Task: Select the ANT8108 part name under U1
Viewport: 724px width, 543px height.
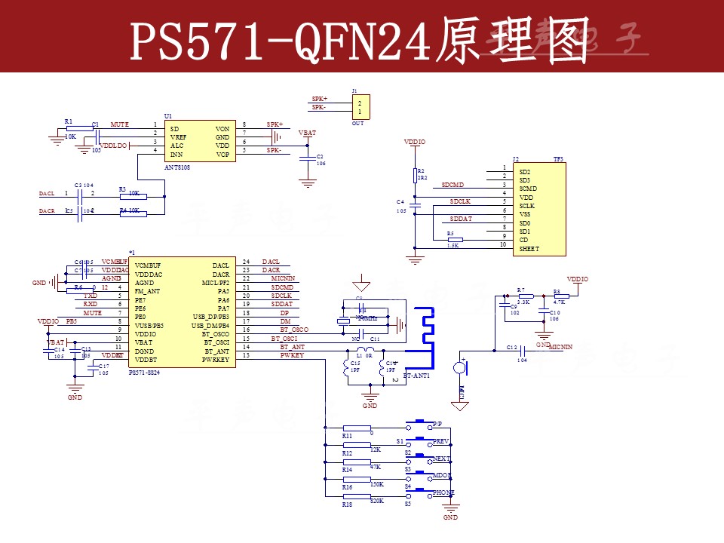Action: click(x=177, y=167)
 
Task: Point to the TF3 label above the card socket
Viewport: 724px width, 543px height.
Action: click(x=558, y=159)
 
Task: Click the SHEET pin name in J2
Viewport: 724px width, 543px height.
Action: click(x=529, y=248)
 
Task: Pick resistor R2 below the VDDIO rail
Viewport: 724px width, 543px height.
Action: click(x=415, y=175)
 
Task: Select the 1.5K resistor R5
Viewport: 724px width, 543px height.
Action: click(x=455, y=240)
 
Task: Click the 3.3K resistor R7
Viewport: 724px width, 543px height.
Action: click(x=526, y=296)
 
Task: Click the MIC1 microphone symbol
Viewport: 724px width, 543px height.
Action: click(x=459, y=369)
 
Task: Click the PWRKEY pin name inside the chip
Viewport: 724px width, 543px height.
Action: click(x=217, y=360)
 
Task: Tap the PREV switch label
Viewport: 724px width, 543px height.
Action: click(x=441, y=441)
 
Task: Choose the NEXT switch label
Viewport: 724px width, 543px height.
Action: click(x=441, y=459)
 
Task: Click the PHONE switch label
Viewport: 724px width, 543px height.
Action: click(x=443, y=493)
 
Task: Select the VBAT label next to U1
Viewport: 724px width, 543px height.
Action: click(x=307, y=133)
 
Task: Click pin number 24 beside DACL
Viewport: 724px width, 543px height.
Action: click(x=246, y=262)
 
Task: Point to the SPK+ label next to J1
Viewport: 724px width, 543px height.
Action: click(x=319, y=99)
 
